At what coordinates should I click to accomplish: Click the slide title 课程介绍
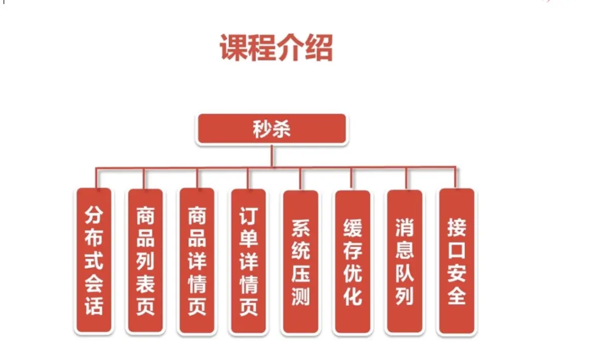276,49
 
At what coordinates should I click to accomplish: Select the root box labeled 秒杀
272,129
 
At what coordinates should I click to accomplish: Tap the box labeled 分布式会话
94,260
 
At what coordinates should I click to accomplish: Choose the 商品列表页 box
145,260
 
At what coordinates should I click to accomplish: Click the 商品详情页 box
197,260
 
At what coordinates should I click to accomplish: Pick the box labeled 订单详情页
249,260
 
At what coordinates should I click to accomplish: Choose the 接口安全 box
457,260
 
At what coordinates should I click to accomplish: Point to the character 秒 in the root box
263,129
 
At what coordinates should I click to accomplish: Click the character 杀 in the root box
282,129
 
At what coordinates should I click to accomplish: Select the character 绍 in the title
319,49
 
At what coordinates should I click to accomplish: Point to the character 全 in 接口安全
457,295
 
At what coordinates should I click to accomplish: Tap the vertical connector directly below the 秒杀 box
273,155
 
